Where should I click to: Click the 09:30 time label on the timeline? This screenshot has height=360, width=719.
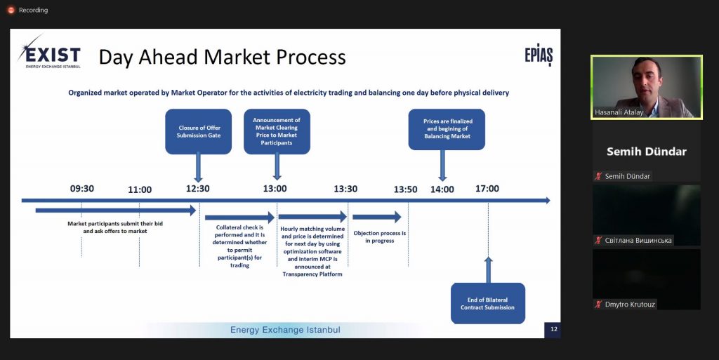pyautogui.click(x=82, y=188)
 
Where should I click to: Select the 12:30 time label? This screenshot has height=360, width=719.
pyautogui.click(x=197, y=188)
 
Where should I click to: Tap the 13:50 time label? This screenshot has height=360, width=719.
pyautogui.click(x=405, y=189)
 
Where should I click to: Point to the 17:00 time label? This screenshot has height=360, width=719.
pyautogui.click(x=487, y=188)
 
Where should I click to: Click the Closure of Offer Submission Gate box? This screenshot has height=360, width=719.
pyautogui.click(x=199, y=131)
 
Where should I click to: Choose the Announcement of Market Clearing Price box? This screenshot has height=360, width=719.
pyautogui.click(x=277, y=131)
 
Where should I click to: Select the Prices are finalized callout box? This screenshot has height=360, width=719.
pyautogui.click(x=447, y=129)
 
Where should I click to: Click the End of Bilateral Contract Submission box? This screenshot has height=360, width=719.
pyautogui.click(x=488, y=303)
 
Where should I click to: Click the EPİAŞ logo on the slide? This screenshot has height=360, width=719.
pyautogui.click(x=539, y=56)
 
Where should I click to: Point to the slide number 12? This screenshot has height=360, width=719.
pyautogui.click(x=554, y=329)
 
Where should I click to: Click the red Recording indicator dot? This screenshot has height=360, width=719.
pyautogui.click(x=11, y=10)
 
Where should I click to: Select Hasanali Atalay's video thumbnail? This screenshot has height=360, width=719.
pyautogui.click(x=647, y=88)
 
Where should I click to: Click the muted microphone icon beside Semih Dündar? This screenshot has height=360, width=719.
pyautogui.click(x=598, y=176)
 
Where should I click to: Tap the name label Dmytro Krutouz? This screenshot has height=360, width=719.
pyautogui.click(x=630, y=304)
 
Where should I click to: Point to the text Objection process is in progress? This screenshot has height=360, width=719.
pyautogui.click(x=380, y=236)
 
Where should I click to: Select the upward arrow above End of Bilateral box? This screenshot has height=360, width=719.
pyautogui.click(x=489, y=269)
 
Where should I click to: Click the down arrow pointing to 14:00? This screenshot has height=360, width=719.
pyautogui.click(x=442, y=166)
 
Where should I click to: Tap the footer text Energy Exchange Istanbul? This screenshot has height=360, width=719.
pyautogui.click(x=285, y=330)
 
